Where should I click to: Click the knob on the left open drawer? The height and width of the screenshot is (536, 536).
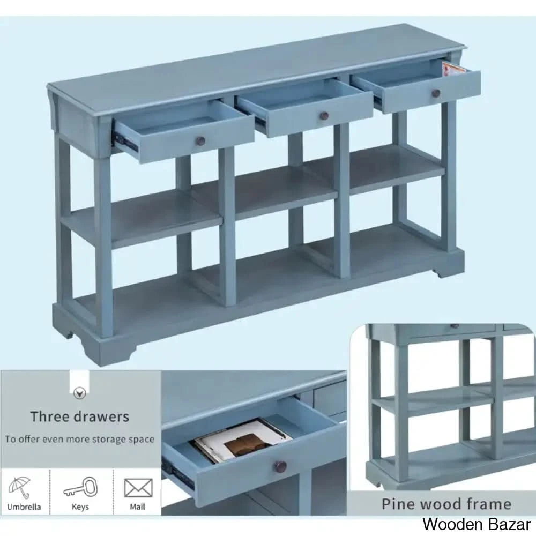[x=201, y=140]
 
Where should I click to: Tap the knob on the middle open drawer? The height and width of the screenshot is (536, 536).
[x=324, y=116]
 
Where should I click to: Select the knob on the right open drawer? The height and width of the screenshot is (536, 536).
[x=436, y=93]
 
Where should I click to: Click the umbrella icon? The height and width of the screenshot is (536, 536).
[x=20, y=487]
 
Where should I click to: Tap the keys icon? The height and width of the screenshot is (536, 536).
[x=81, y=488]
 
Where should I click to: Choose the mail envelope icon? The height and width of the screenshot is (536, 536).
[x=138, y=488]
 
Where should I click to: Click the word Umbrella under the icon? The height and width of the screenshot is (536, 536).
[x=24, y=507]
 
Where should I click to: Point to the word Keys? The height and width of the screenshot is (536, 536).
[x=80, y=507]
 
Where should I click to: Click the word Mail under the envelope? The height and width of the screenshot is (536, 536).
[x=137, y=507]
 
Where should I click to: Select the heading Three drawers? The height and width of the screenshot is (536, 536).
[x=80, y=416]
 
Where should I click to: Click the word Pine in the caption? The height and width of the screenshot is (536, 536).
[x=398, y=504]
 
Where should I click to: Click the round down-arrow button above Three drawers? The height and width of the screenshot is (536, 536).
[x=80, y=394]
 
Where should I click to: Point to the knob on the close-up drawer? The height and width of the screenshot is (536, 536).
[x=281, y=466]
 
